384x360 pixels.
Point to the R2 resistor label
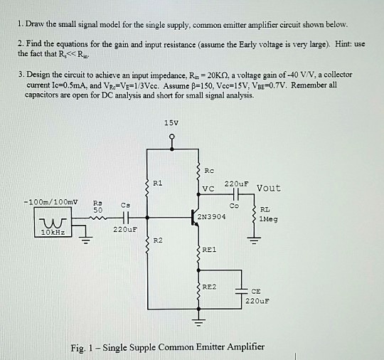(159, 242)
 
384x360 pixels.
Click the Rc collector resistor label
(209, 170)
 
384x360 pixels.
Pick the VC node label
(208, 189)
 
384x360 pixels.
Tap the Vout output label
(268, 188)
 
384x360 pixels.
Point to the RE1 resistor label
(209, 250)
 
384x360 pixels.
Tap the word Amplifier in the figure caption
(240, 347)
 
